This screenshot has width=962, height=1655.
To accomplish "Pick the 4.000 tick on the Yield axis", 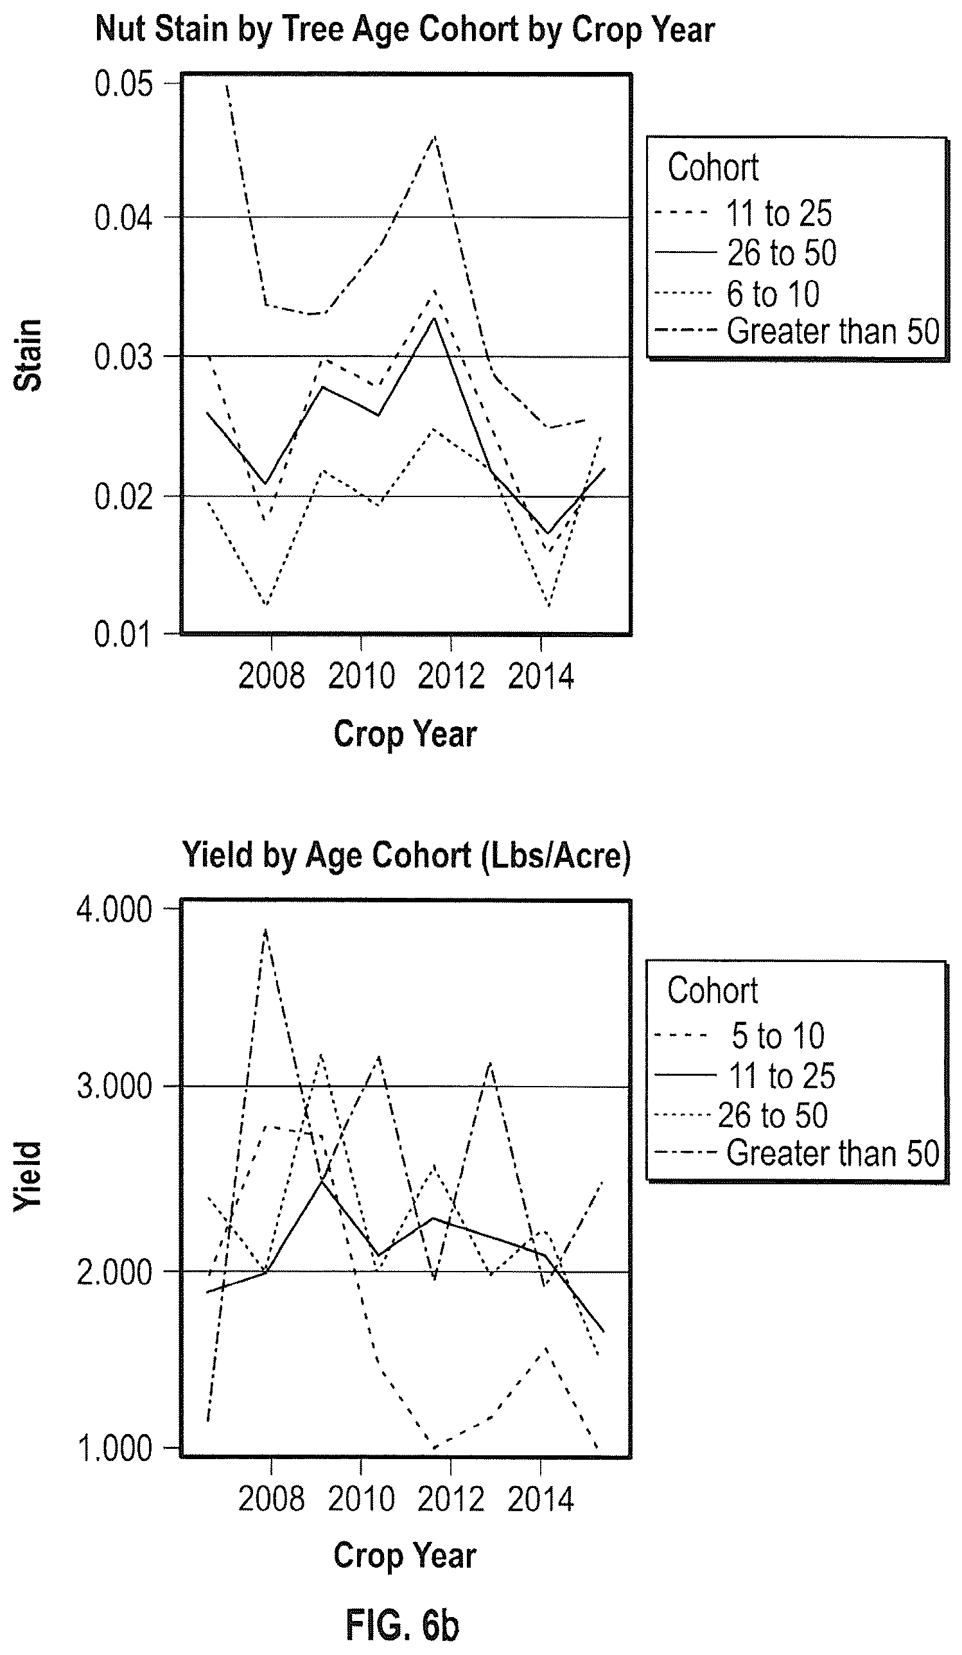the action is tap(115, 910).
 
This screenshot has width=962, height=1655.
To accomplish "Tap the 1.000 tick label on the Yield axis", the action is tap(115, 1449).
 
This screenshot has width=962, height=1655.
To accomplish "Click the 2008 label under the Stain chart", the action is tap(271, 676).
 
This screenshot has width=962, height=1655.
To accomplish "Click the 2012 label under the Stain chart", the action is tap(451, 676).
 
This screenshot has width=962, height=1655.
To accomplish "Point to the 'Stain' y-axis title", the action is tap(28, 355).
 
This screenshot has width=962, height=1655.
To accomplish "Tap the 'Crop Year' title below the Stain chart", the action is tap(405, 734).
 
